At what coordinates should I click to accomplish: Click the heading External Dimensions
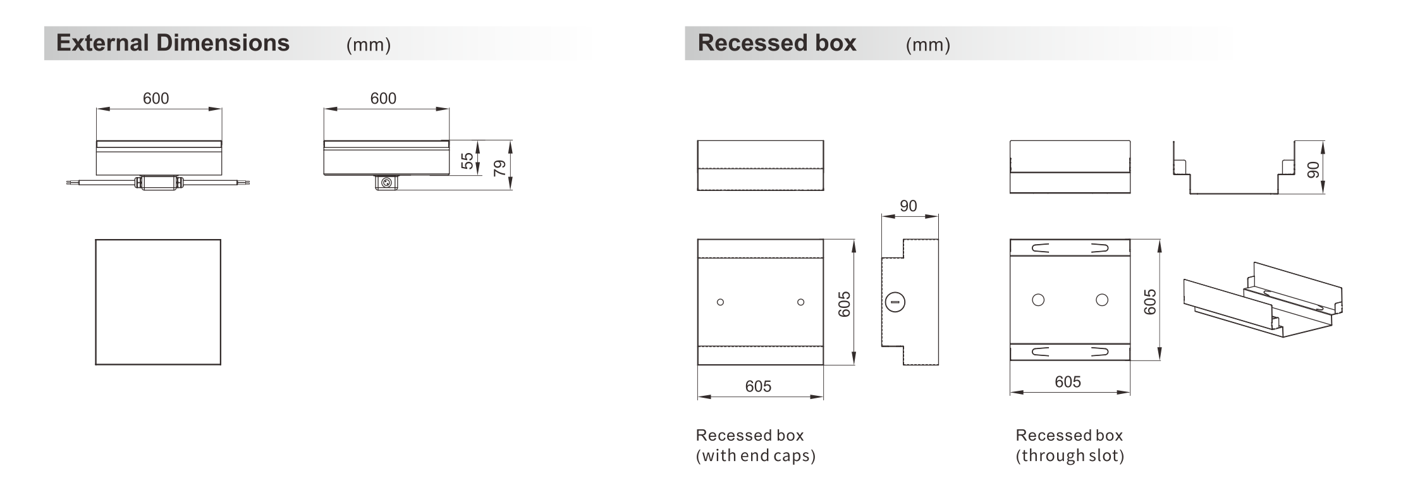click(173, 43)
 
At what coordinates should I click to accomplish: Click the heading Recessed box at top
click(777, 43)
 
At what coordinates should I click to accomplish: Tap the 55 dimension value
click(467, 161)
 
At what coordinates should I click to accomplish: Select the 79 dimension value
click(499, 168)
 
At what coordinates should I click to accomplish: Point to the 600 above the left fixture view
click(156, 99)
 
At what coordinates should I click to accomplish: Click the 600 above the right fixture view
click(383, 99)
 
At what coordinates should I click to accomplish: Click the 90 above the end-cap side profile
click(908, 206)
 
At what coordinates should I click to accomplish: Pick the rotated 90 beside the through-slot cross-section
click(1313, 169)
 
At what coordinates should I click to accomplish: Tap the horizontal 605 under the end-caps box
click(758, 386)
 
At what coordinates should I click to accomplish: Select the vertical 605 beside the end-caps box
click(844, 304)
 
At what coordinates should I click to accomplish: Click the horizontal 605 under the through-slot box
click(1068, 382)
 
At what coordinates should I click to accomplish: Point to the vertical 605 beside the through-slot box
click(1150, 302)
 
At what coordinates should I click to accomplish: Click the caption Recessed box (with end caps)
click(756, 445)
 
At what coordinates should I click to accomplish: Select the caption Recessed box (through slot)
click(1070, 445)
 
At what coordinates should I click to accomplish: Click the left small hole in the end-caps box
click(720, 302)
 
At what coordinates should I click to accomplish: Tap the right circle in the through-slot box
click(1102, 300)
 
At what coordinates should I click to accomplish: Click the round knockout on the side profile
click(895, 302)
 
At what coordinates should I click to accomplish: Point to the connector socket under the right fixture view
click(386, 183)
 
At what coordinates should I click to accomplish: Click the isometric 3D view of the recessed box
click(1263, 300)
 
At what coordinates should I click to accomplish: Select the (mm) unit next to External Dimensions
click(369, 45)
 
